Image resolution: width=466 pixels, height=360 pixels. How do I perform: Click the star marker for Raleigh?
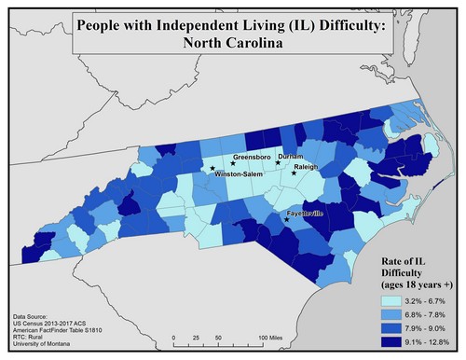(295, 173)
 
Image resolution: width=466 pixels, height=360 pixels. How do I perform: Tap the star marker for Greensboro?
(232, 164)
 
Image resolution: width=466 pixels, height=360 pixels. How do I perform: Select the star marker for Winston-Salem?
(209, 170)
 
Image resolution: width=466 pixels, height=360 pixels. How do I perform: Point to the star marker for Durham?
(278, 163)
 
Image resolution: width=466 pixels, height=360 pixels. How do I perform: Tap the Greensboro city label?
(251, 157)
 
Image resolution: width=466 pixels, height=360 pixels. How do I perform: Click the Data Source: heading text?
(38, 315)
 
